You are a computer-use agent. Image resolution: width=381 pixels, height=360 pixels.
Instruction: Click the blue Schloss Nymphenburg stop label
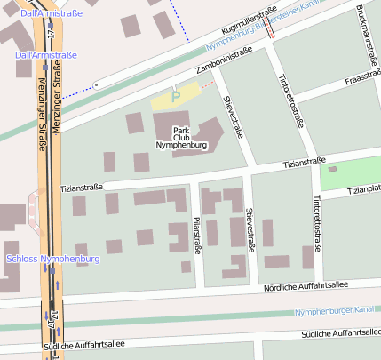pos(52,259)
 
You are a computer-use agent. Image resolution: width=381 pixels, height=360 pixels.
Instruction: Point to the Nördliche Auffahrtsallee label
pos(306,286)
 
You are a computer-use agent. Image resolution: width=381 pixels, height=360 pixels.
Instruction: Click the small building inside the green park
pos(332,169)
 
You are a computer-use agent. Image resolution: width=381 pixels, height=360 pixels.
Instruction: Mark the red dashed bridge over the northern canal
pos(269,28)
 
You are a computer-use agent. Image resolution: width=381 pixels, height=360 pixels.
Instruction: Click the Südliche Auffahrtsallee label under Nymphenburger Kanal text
pos(340,332)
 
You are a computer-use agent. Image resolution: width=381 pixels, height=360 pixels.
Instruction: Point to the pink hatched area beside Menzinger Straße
pos(35,212)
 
